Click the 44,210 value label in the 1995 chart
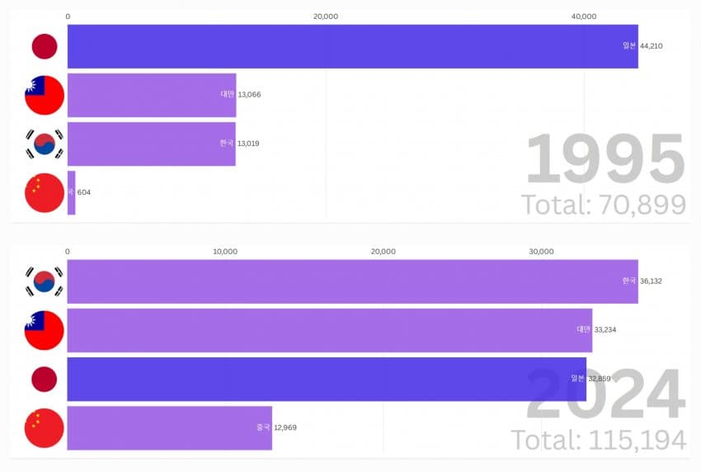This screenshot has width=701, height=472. [x=651, y=46]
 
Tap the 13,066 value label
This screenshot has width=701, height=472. [x=250, y=94]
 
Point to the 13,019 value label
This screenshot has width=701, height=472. [x=249, y=144]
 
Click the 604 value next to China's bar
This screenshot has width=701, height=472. [x=84, y=192]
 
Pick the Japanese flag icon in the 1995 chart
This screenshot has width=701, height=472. [x=45, y=46]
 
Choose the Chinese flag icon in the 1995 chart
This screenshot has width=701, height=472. [x=45, y=192]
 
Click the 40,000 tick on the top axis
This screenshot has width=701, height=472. [x=584, y=17]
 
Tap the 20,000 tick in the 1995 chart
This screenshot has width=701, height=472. [x=326, y=17]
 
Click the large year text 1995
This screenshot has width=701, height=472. [x=605, y=159]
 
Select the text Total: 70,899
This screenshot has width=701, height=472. [x=604, y=204]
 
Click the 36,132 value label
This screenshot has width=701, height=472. [x=651, y=281]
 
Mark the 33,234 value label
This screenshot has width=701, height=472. [x=605, y=330]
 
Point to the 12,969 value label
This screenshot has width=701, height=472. [x=285, y=427]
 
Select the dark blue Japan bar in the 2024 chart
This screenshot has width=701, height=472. [x=327, y=379]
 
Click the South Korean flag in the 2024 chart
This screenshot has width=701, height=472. [x=45, y=281]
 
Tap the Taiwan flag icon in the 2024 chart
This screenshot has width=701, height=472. [x=45, y=330]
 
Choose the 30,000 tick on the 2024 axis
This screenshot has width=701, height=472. [x=541, y=252]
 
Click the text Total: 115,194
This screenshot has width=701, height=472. [x=599, y=440]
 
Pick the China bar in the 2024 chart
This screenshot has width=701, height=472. [x=169, y=427]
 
